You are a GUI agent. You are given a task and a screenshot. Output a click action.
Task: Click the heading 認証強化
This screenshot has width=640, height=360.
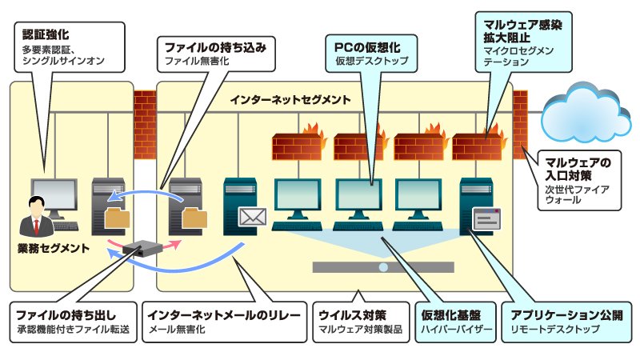click(x=46, y=34)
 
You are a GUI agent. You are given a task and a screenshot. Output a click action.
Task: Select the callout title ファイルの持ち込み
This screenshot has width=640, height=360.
click(x=215, y=48)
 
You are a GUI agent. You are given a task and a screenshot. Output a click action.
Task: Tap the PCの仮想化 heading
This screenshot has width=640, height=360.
click(x=367, y=48)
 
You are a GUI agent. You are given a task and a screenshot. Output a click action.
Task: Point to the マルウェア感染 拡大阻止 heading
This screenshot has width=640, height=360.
click(x=522, y=31)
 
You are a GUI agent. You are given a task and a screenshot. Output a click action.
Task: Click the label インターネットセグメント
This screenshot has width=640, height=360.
click(x=290, y=99)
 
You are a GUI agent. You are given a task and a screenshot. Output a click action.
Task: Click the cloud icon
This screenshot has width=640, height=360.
click(x=586, y=111)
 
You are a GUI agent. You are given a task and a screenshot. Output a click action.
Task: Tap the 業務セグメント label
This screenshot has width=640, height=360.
click(x=54, y=248)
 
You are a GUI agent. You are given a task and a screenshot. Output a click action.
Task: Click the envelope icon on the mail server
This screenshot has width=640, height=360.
click(x=253, y=216)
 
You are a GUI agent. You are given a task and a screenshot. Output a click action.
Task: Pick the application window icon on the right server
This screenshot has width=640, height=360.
click(x=486, y=219)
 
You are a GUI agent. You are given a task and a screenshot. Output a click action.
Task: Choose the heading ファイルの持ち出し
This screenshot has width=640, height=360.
click(x=66, y=315)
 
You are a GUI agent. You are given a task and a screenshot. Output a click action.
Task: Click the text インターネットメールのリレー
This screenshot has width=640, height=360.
click(x=224, y=315)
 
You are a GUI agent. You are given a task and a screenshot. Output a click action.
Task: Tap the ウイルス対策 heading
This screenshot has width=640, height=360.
click(x=352, y=315)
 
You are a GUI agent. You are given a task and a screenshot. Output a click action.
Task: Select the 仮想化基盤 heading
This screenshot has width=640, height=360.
click(x=451, y=315)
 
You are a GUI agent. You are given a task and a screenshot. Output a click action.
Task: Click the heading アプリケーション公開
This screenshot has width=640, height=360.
click(x=566, y=315)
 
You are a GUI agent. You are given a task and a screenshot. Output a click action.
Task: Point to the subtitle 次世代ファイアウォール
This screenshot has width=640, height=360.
click(x=577, y=194)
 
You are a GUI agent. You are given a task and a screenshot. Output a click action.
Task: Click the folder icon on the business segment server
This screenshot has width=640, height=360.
click(x=117, y=218)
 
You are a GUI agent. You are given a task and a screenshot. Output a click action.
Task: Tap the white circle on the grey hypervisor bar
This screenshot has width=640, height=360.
click(x=383, y=267)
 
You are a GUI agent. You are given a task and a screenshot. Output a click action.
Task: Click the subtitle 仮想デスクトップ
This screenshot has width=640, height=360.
click(x=372, y=61)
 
